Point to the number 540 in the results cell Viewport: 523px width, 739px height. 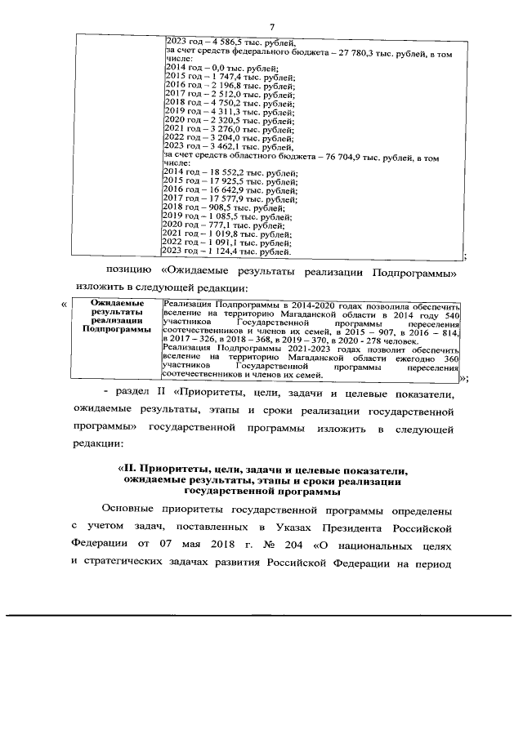click(451, 314)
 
